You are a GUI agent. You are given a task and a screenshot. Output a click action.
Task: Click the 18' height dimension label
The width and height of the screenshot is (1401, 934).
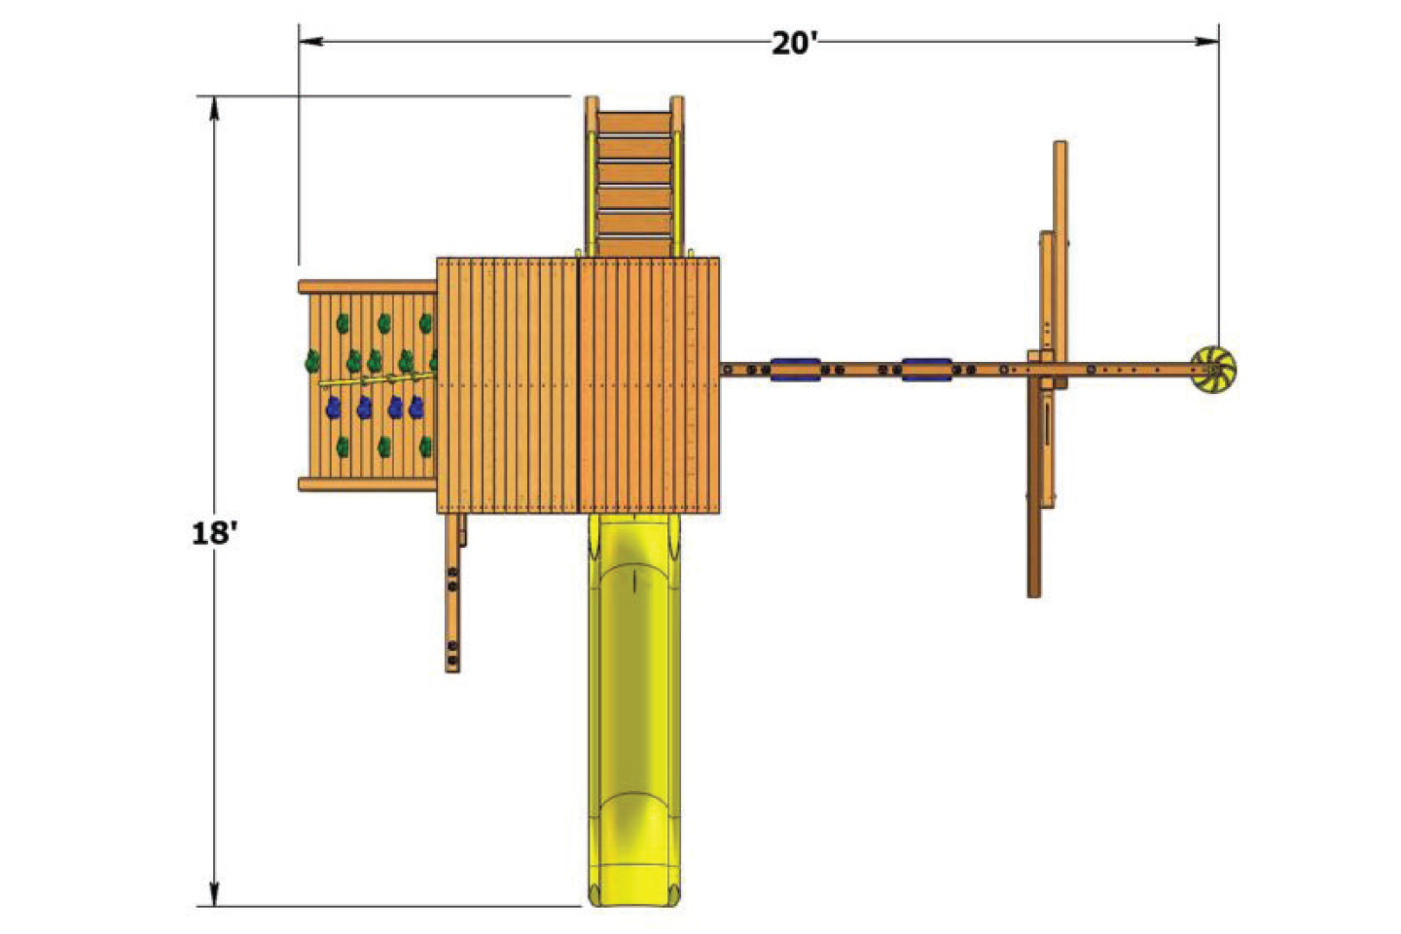(214, 533)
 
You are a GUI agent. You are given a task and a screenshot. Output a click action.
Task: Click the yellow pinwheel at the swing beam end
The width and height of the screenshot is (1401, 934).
(1214, 369)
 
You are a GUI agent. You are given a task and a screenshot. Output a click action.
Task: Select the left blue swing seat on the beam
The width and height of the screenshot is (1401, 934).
(795, 369)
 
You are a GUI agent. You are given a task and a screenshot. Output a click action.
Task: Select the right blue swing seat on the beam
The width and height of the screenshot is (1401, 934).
(925, 369)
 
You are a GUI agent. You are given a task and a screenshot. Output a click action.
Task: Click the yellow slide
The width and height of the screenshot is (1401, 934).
(633, 700)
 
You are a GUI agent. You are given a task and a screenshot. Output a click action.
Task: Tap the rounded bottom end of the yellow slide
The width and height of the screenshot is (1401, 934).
(633, 890)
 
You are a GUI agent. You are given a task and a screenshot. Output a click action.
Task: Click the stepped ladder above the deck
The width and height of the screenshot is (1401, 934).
(634, 180)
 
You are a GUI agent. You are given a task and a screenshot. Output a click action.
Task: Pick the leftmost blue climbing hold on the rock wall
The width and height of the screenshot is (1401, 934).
(334, 407)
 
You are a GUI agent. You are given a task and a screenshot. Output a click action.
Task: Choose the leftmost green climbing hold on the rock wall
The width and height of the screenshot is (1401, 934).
(312, 362)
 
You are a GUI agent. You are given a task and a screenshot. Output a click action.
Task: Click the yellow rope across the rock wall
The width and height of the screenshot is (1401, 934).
(379, 377)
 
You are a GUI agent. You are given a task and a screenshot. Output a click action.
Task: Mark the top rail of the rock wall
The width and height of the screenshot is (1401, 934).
(368, 287)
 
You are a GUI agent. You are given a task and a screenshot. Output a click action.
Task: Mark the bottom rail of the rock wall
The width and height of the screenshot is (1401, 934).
(368, 484)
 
